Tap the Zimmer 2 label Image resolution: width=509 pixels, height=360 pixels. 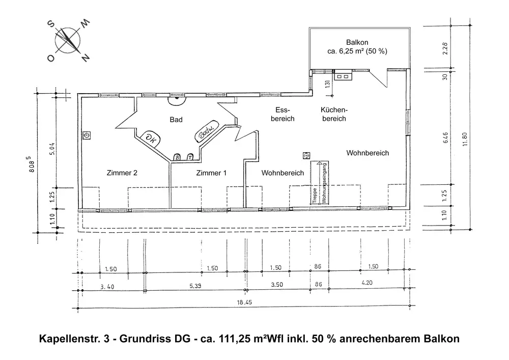tap(122, 173)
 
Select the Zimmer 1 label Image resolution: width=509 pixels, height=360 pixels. tap(211, 173)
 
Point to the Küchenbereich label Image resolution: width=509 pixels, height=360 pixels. tap(333, 115)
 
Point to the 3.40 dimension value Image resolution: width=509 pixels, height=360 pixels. tap(107, 286)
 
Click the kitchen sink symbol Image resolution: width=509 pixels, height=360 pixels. tap(343, 76)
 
